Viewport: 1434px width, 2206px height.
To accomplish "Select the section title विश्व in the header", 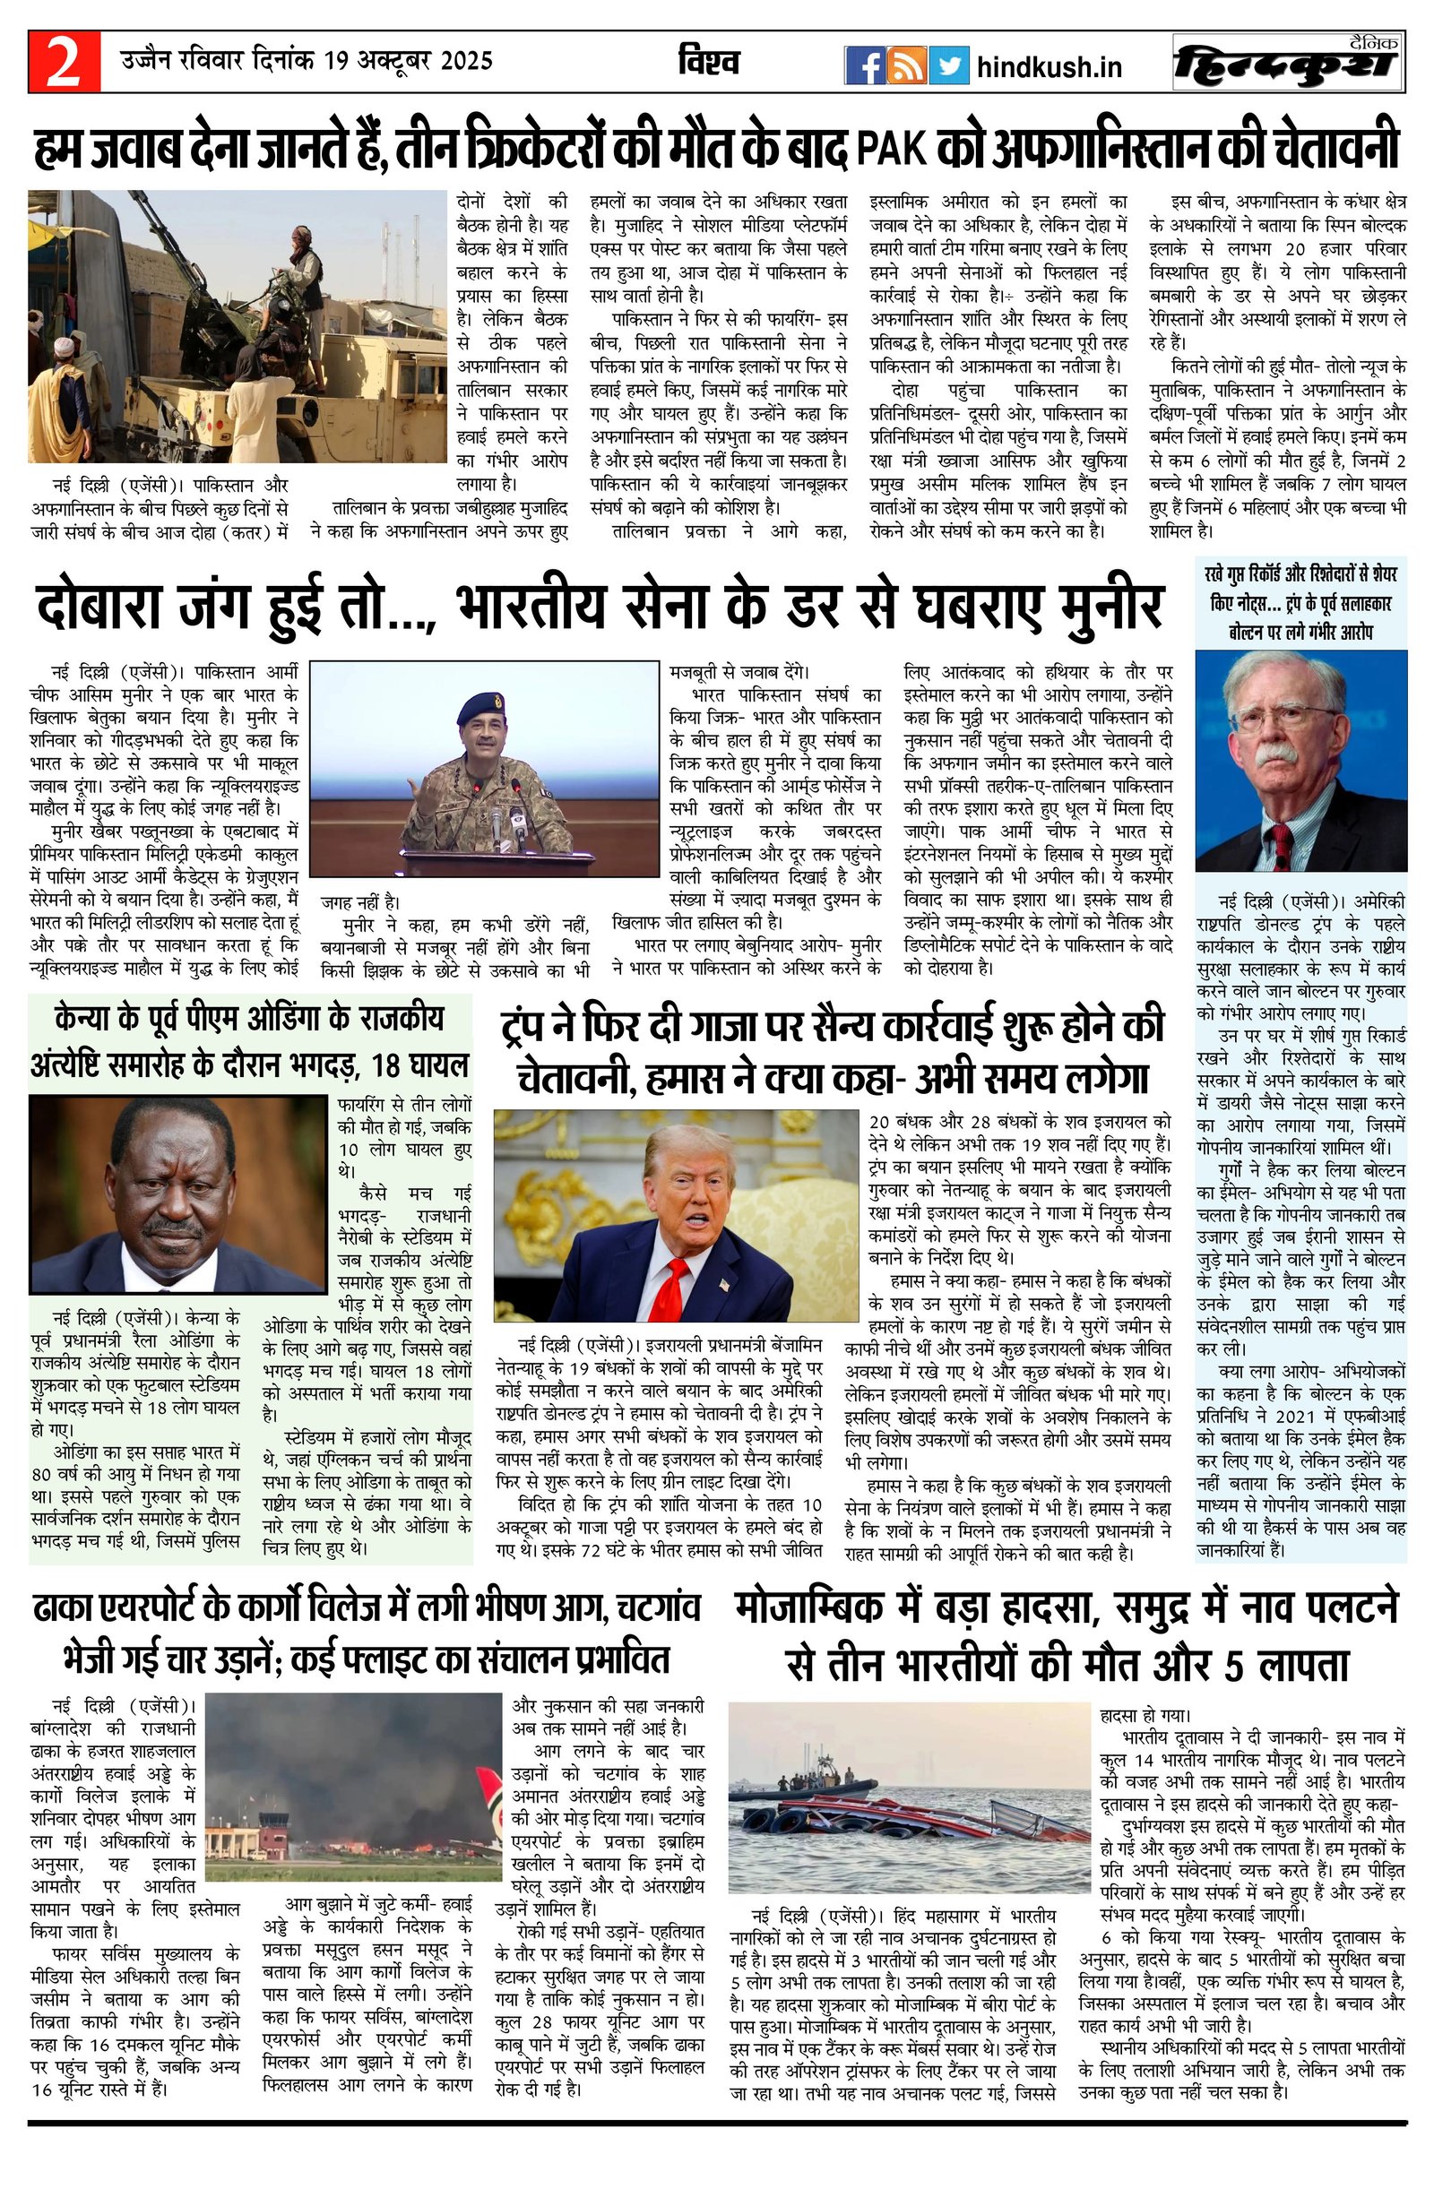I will coord(708,63).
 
